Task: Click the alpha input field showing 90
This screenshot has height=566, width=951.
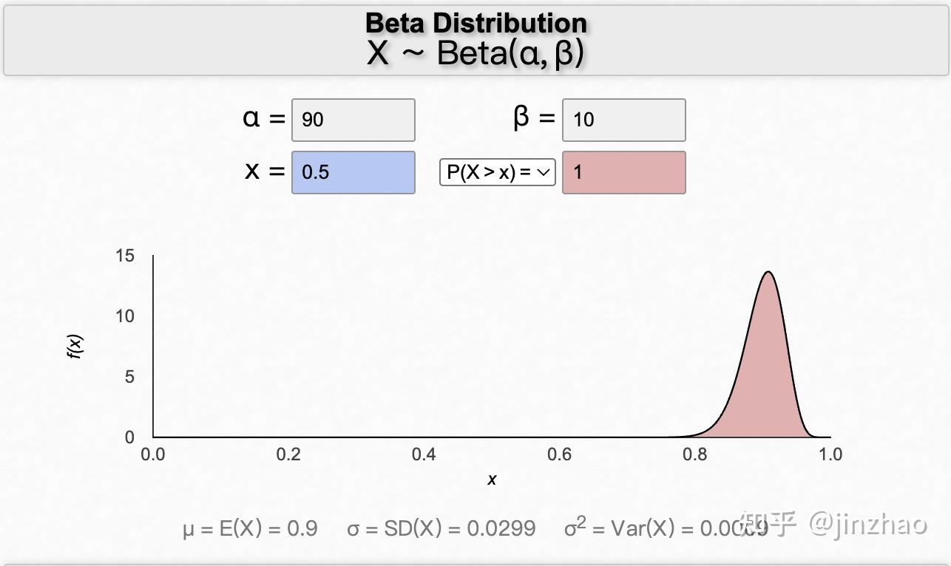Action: point(353,120)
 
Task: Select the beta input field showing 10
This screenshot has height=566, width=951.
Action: point(623,120)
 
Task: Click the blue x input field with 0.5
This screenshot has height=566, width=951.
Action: point(353,172)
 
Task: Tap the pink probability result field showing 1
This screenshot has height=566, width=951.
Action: point(623,172)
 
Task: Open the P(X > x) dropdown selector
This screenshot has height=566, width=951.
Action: point(497,172)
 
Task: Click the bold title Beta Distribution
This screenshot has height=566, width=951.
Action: point(475,23)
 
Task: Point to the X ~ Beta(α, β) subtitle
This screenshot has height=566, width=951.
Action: point(475,53)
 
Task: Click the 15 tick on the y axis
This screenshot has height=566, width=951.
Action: point(125,256)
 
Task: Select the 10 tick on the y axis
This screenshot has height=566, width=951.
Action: point(125,316)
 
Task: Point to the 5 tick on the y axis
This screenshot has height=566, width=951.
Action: point(129,377)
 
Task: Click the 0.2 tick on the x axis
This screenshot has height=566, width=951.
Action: point(288,454)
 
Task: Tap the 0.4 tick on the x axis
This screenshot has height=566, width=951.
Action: point(424,454)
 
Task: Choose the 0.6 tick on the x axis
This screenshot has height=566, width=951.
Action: point(559,454)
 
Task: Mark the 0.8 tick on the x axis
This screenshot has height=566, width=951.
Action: point(695,454)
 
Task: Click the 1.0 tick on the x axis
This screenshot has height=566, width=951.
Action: point(830,454)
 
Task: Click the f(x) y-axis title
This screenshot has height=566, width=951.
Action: point(75,346)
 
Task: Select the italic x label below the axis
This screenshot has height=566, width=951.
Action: point(492,480)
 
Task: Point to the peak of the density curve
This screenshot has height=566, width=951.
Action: point(769,272)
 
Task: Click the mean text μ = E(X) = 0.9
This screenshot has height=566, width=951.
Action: point(250,528)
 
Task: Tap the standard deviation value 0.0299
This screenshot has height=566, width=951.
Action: point(501,528)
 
